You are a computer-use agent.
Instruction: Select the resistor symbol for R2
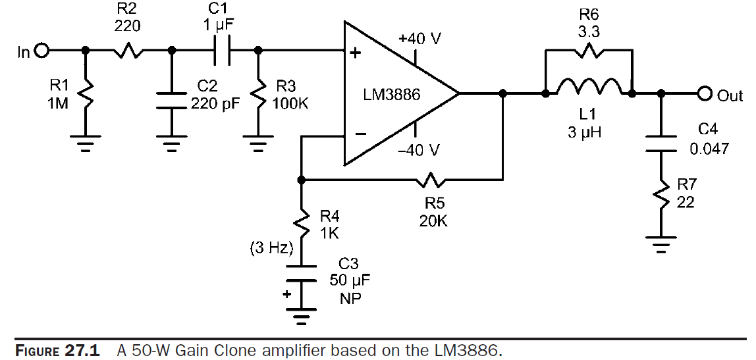[128, 51]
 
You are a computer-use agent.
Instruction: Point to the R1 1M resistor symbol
[86, 96]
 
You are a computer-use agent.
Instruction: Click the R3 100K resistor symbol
[257, 97]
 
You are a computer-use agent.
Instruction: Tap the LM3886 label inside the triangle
[391, 95]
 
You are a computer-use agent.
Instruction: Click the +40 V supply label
[419, 39]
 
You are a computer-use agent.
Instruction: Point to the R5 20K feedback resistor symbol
[432, 179]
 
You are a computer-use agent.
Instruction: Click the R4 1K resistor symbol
[301, 222]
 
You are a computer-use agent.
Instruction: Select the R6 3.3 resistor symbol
[588, 51]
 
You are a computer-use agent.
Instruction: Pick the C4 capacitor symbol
[661, 141]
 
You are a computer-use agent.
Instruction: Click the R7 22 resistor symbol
[661, 195]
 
